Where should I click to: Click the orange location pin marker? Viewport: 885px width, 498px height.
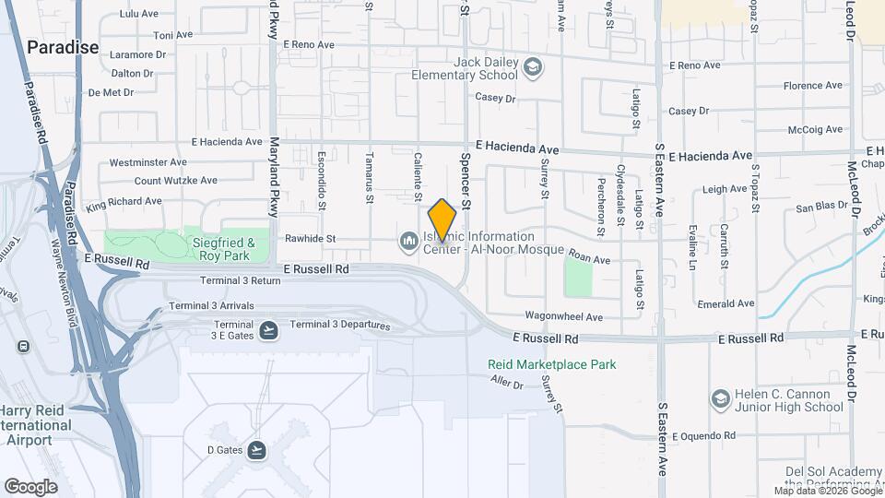pos(442,219)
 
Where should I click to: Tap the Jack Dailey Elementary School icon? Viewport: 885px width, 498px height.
pos(532,66)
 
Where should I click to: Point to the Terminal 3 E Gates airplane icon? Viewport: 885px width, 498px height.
pos(268,329)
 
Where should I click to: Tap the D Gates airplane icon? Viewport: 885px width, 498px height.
pos(256,449)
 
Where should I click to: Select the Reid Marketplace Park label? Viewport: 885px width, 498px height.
pos(552,364)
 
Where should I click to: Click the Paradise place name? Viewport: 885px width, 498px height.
pos(62,46)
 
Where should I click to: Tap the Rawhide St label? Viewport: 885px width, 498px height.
pos(310,239)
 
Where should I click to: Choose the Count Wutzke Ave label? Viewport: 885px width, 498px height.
pos(175,181)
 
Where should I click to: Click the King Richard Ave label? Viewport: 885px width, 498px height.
pos(124,201)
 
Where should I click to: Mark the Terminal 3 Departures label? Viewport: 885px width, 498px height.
pos(340,325)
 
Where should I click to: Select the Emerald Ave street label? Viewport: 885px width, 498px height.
pos(726,302)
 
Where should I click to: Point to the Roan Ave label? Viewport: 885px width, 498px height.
pos(589,260)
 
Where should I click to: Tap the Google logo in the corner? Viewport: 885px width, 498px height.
pos(31,486)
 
